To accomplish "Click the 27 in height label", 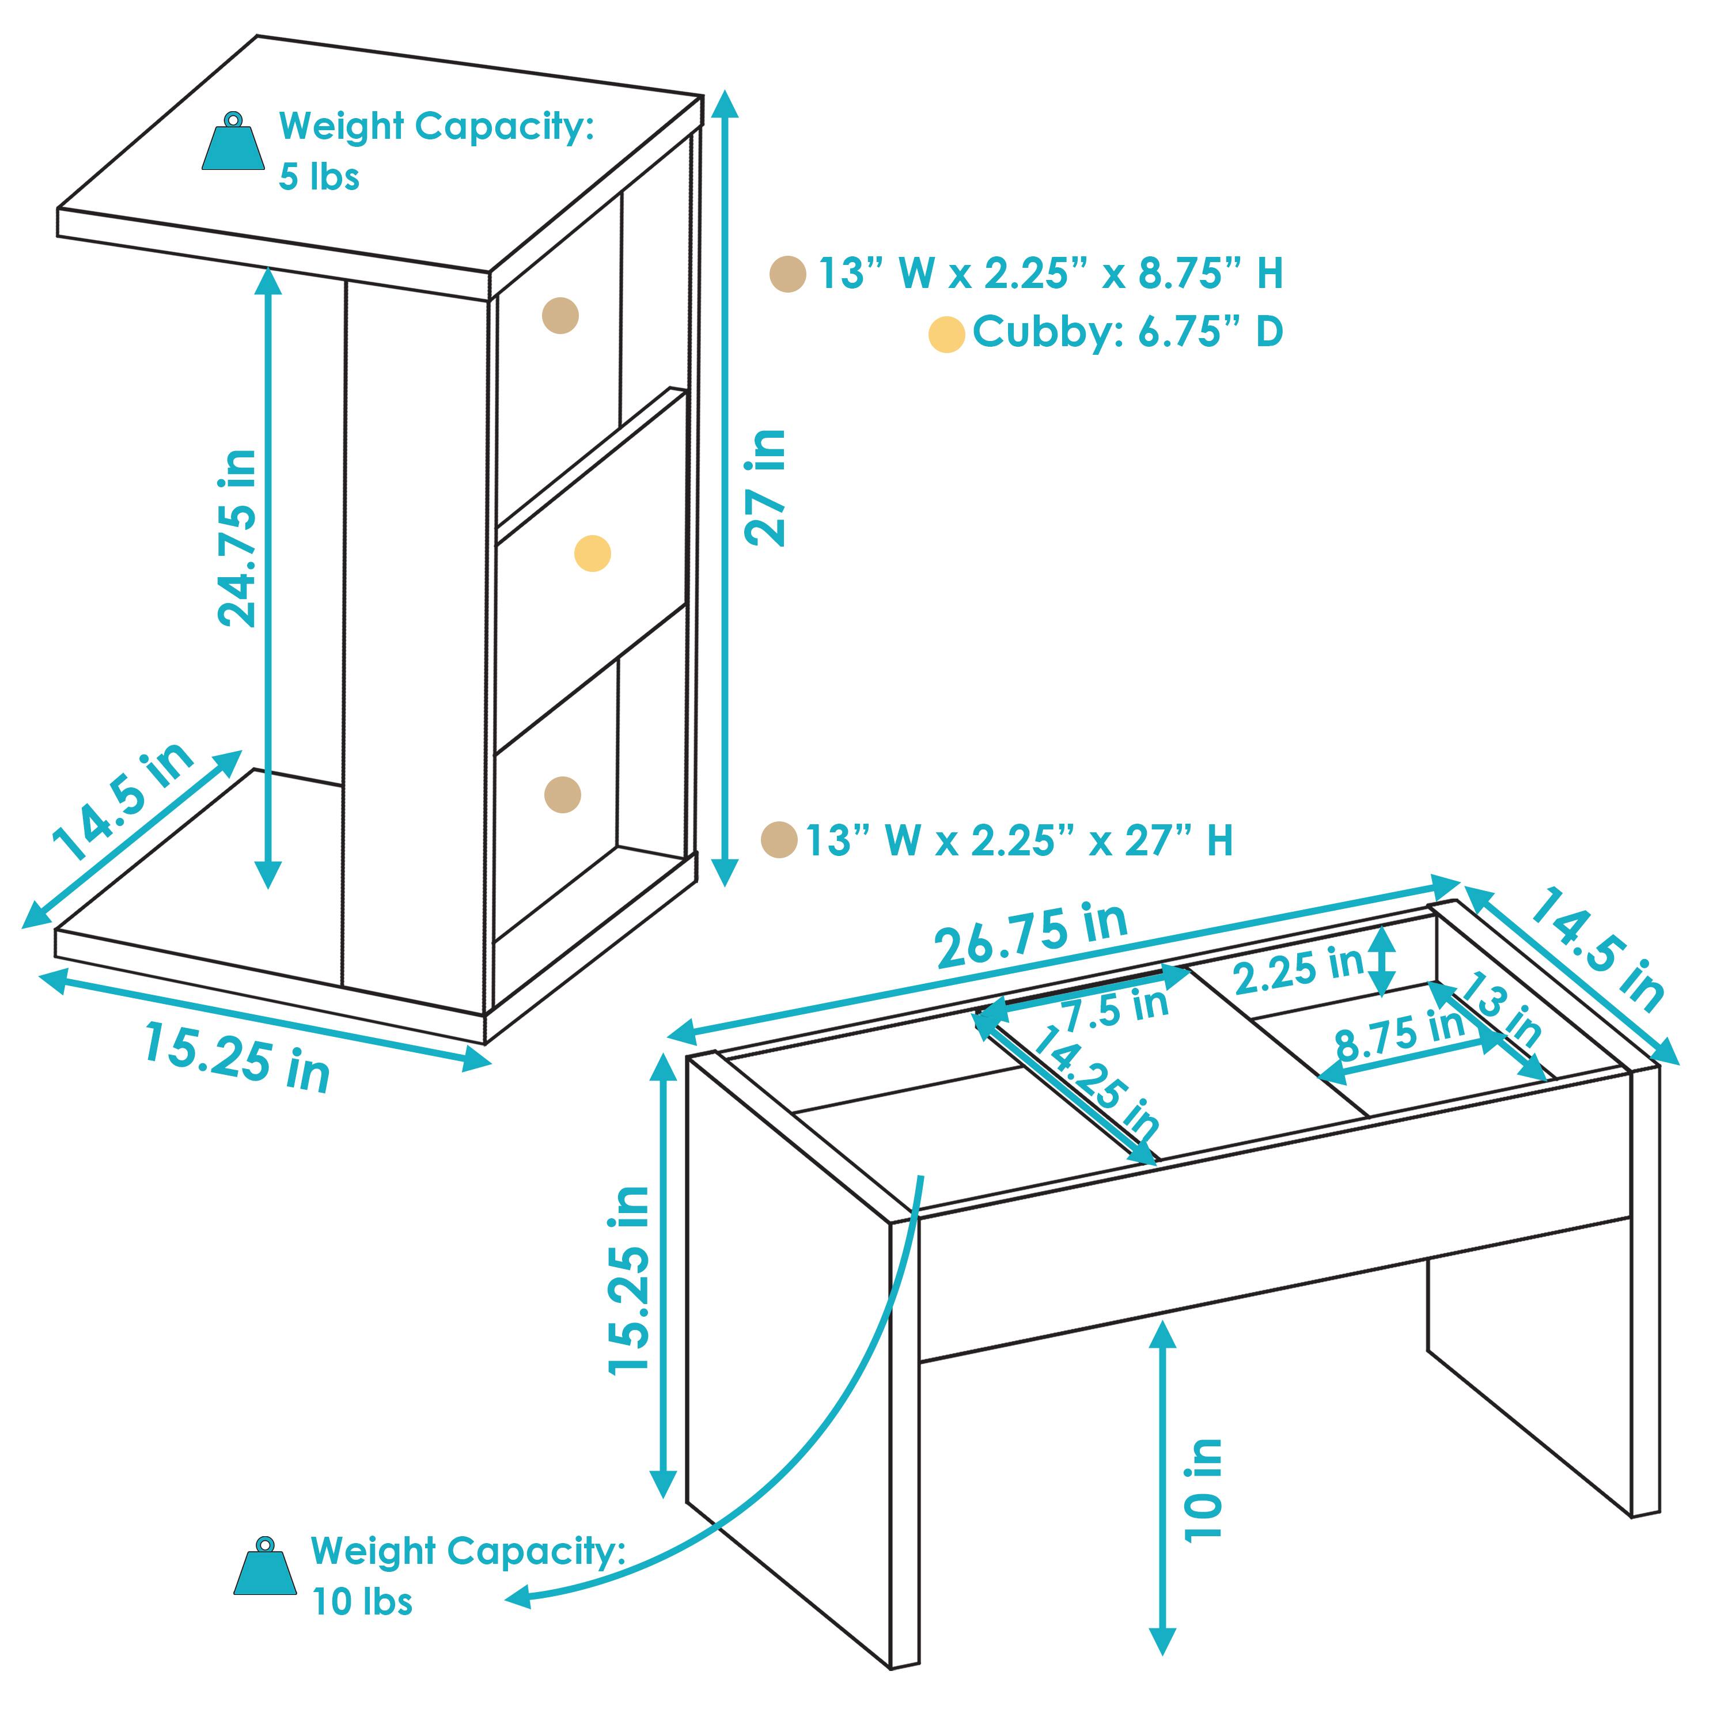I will click(767, 487).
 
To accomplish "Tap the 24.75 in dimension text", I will click(238, 539).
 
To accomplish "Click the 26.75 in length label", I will click(1030, 935).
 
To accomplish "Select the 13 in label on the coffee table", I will click(1505, 1013).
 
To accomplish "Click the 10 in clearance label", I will click(1204, 1489).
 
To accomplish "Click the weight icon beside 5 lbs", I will click(233, 143).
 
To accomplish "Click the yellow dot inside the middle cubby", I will click(592, 554).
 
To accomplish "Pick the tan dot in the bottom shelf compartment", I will click(563, 794).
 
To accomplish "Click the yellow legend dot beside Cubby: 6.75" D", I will click(946, 335).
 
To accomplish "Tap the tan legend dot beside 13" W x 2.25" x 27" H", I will click(779, 840).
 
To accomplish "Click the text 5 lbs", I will click(319, 177).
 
